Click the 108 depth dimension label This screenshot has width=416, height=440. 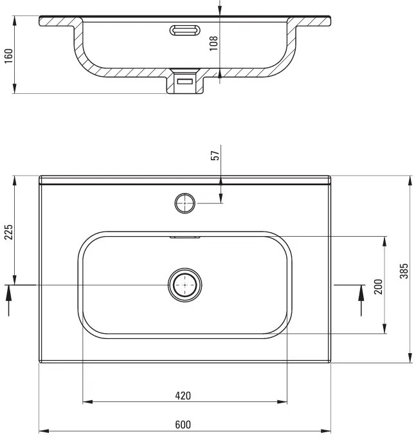(215, 42)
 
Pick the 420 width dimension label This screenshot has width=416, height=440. (184, 395)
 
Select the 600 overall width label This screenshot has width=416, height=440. (184, 424)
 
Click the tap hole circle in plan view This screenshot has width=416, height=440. (185, 203)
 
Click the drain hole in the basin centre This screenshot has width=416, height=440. (185, 284)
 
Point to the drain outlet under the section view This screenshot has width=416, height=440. (185, 82)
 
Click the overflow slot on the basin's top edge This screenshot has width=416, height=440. (185, 237)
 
